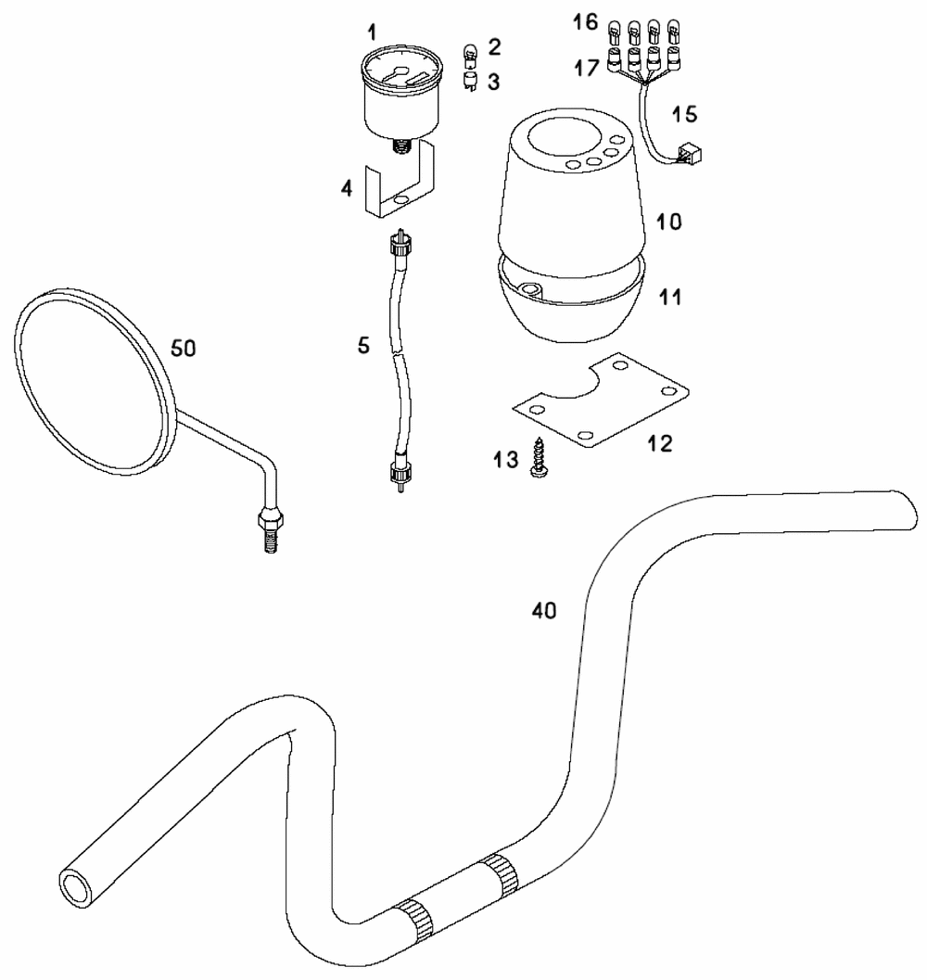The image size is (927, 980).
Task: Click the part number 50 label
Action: [184, 348]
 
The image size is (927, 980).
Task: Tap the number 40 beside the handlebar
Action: [544, 610]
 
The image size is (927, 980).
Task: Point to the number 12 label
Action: [660, 442]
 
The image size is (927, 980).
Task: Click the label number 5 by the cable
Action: [364, 345]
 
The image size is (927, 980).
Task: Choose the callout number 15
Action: [684, 115]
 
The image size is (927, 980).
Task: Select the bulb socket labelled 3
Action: [469, 83]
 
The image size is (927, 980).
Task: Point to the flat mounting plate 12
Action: [603, 403]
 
